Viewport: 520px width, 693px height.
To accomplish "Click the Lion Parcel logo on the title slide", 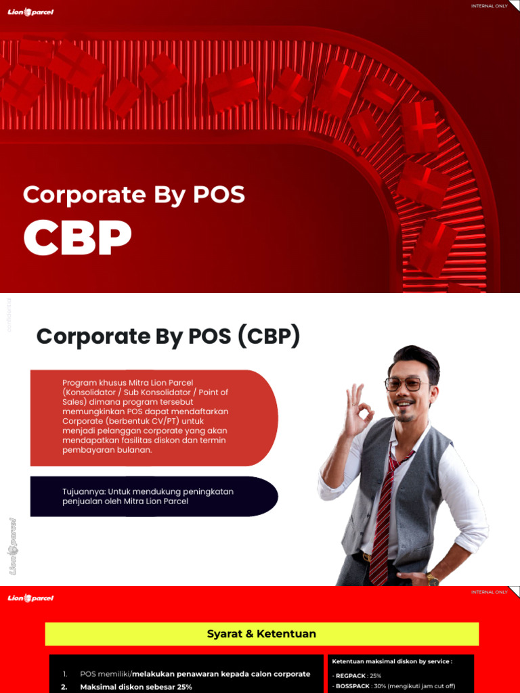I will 30,12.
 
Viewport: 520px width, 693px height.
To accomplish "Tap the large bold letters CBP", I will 77,238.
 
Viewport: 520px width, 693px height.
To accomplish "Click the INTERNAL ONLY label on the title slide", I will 489,6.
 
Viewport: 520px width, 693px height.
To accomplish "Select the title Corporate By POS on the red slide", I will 133,195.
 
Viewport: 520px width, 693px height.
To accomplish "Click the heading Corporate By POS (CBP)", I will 168,336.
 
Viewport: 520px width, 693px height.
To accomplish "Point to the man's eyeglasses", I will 407,384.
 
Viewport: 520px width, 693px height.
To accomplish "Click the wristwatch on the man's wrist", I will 432,579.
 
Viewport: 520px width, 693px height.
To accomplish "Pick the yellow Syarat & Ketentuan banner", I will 261,634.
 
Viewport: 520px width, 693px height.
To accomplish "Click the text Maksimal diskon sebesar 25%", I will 136,687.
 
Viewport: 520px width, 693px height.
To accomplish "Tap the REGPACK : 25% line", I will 357,675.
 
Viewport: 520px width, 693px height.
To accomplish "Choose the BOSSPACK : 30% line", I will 393,686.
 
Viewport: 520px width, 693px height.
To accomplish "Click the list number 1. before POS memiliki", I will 65,674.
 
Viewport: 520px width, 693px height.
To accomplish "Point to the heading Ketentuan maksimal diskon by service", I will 391,661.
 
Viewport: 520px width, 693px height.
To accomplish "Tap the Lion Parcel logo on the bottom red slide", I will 30,598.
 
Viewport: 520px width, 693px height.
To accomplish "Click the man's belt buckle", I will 367,558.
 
